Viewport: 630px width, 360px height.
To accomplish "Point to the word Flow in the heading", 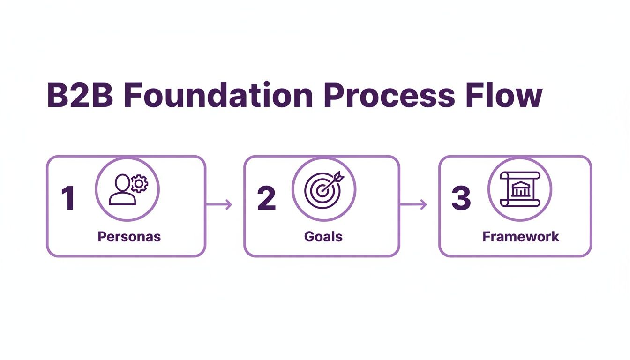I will (x=504, y=96).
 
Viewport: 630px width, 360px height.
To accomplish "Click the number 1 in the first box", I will (x=68, y=198).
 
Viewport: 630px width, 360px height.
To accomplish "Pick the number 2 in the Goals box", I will (x=266, y=198).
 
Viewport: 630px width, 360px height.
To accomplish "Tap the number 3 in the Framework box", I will (x=461, y=198).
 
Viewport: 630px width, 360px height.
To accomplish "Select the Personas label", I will (x=129, y=236).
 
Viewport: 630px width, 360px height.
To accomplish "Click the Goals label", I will (x=323, y=236).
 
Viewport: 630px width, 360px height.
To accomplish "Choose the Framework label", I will (x=521, y=236).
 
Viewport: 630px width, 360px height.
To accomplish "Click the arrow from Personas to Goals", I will (x=219, y=204).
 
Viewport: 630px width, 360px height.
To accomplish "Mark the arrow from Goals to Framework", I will (x=413, y=204).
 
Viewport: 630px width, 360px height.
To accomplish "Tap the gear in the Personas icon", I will (x=139, y=184).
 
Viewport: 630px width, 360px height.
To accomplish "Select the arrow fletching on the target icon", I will (x=338, y=176).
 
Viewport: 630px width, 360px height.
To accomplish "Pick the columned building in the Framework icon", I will (x=519, y=190).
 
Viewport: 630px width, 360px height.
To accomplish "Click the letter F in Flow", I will (x=474, y=96).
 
